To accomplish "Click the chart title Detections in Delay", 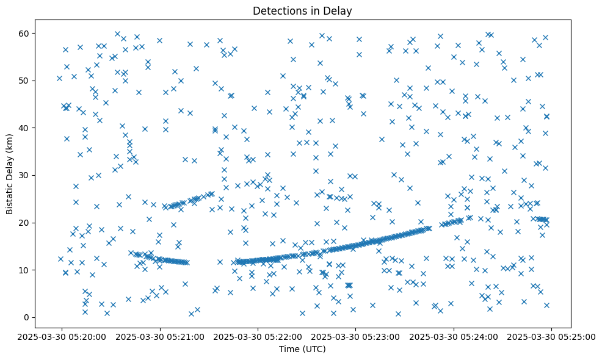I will point(303,11).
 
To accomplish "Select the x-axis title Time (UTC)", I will point(303,349).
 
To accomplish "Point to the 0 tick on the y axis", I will point(27,317).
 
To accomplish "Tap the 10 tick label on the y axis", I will point(24,270).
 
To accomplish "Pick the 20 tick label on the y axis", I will point(24,223).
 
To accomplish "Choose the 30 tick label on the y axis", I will point(24,175).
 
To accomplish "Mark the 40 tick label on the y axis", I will point(24,128).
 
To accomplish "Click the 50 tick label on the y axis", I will point(24,81).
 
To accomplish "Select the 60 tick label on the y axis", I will point(24,33).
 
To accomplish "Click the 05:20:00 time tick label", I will point(62,336).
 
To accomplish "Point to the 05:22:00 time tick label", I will point(258,336).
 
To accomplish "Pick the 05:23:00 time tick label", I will point(356,336).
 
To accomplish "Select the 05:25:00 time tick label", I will point(551,336).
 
